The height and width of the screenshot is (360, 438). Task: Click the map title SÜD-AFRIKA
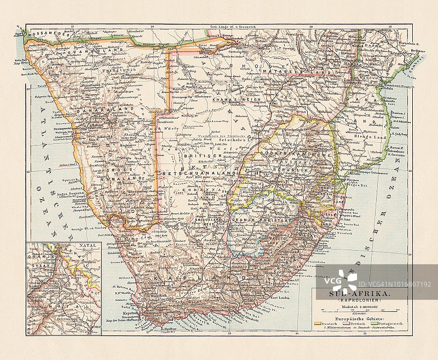tap(358, 294)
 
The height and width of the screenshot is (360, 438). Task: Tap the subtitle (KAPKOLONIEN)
tap(358, 301)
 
